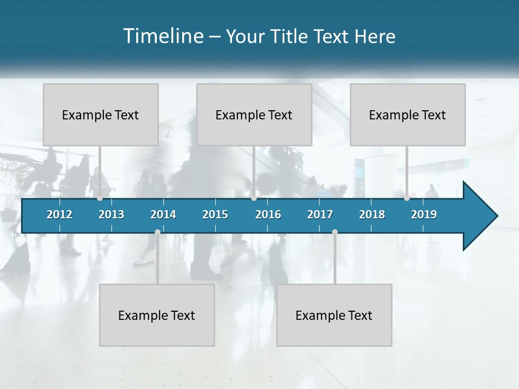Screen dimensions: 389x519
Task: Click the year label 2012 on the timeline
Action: coord(59,214)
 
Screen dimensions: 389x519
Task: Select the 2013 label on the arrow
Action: coord(111,214)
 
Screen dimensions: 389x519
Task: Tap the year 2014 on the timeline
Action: coord(163,214)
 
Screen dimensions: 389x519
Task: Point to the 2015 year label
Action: coord(215,214)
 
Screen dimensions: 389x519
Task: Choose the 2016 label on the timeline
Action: coord(268,214)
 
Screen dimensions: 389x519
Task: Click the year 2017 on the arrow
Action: coord(320,214)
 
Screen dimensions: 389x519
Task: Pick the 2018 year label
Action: coord(372,214)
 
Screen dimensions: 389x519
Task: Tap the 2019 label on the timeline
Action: coord(424,214)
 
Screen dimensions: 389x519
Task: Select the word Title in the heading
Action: coord(291,36)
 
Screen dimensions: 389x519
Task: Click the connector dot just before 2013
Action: coord(99,198)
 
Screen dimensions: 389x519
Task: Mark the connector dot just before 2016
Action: coord(254,198)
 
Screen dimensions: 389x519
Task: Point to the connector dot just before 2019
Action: coord(407,198)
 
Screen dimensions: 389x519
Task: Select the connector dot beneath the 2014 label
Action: coord(157,232)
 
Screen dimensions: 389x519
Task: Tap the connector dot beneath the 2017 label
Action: coord(335,232)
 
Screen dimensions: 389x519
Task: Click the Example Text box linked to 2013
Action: coord(101,115)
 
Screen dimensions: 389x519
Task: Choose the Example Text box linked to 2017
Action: coord(334,315)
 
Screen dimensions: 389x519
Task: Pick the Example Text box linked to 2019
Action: coord(408,115)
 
